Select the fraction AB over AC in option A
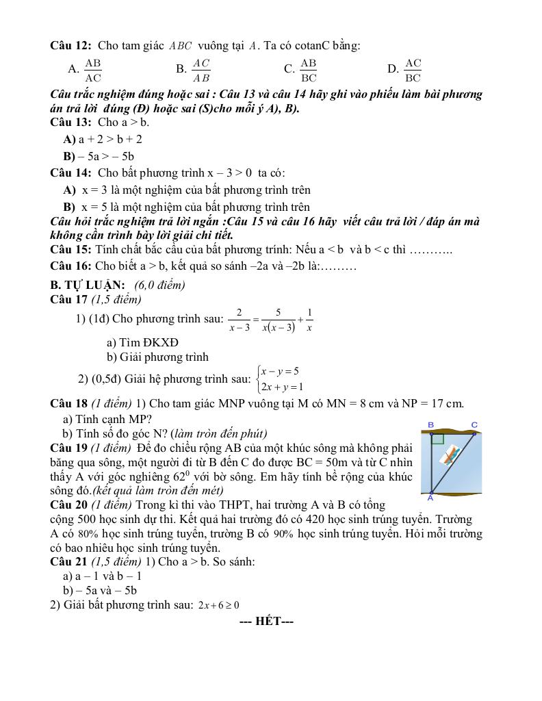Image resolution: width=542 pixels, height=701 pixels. pyautogui.click(x=92, y=70)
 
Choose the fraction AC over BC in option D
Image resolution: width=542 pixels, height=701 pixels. pyautogui.click(x=413, y=70)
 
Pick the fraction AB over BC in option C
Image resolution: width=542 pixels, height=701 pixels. pyautogui.click(x=309, y=70)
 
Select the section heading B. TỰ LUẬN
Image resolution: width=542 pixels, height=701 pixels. pyautogui.click(x=88, y=285)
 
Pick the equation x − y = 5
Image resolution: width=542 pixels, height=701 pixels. pyautogui.click(x=280, y=371)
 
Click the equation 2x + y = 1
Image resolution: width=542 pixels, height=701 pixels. pyautogui.click(x=282, y=387)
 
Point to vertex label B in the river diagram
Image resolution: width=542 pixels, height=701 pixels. pyautogui.click(x=430, y=425)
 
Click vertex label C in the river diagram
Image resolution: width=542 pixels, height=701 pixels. pyautogui.click(x=474, y=425)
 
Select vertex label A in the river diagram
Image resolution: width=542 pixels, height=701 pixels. pyautogui.click(x=430, y=498)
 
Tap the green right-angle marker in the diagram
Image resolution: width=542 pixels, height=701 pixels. pyautogui.click(x=437, y=439)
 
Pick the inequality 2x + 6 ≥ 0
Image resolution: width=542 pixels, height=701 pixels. pyautogui.click(x=218, y=605)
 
